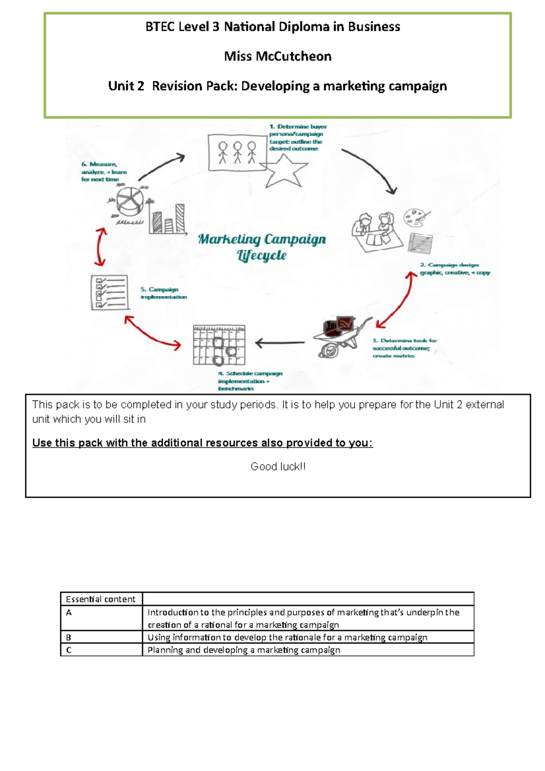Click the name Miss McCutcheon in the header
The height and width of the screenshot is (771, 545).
click(277, 56)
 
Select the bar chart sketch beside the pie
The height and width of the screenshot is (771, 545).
click(168, 219)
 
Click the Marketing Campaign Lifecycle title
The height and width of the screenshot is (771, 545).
click(262, 247)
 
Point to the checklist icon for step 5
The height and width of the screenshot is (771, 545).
click(109, 292)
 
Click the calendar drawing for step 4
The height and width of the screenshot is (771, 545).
click(219, 345)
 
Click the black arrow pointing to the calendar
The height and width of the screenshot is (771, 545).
click(280, 343)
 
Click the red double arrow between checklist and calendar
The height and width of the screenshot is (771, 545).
click(153, 333)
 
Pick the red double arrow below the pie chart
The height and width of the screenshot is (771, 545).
click(100, 247)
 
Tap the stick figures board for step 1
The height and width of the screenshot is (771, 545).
click(237, 152)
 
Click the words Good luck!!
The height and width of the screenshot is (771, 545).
click(278, 466)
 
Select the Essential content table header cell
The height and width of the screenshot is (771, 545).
click(101, 599)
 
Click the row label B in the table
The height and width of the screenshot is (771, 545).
click(69, 637)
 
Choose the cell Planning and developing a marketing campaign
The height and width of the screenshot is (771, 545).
click(244, 650)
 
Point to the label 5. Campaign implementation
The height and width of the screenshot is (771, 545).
click(163, 293)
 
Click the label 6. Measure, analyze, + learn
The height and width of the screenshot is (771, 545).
click(104, 172)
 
